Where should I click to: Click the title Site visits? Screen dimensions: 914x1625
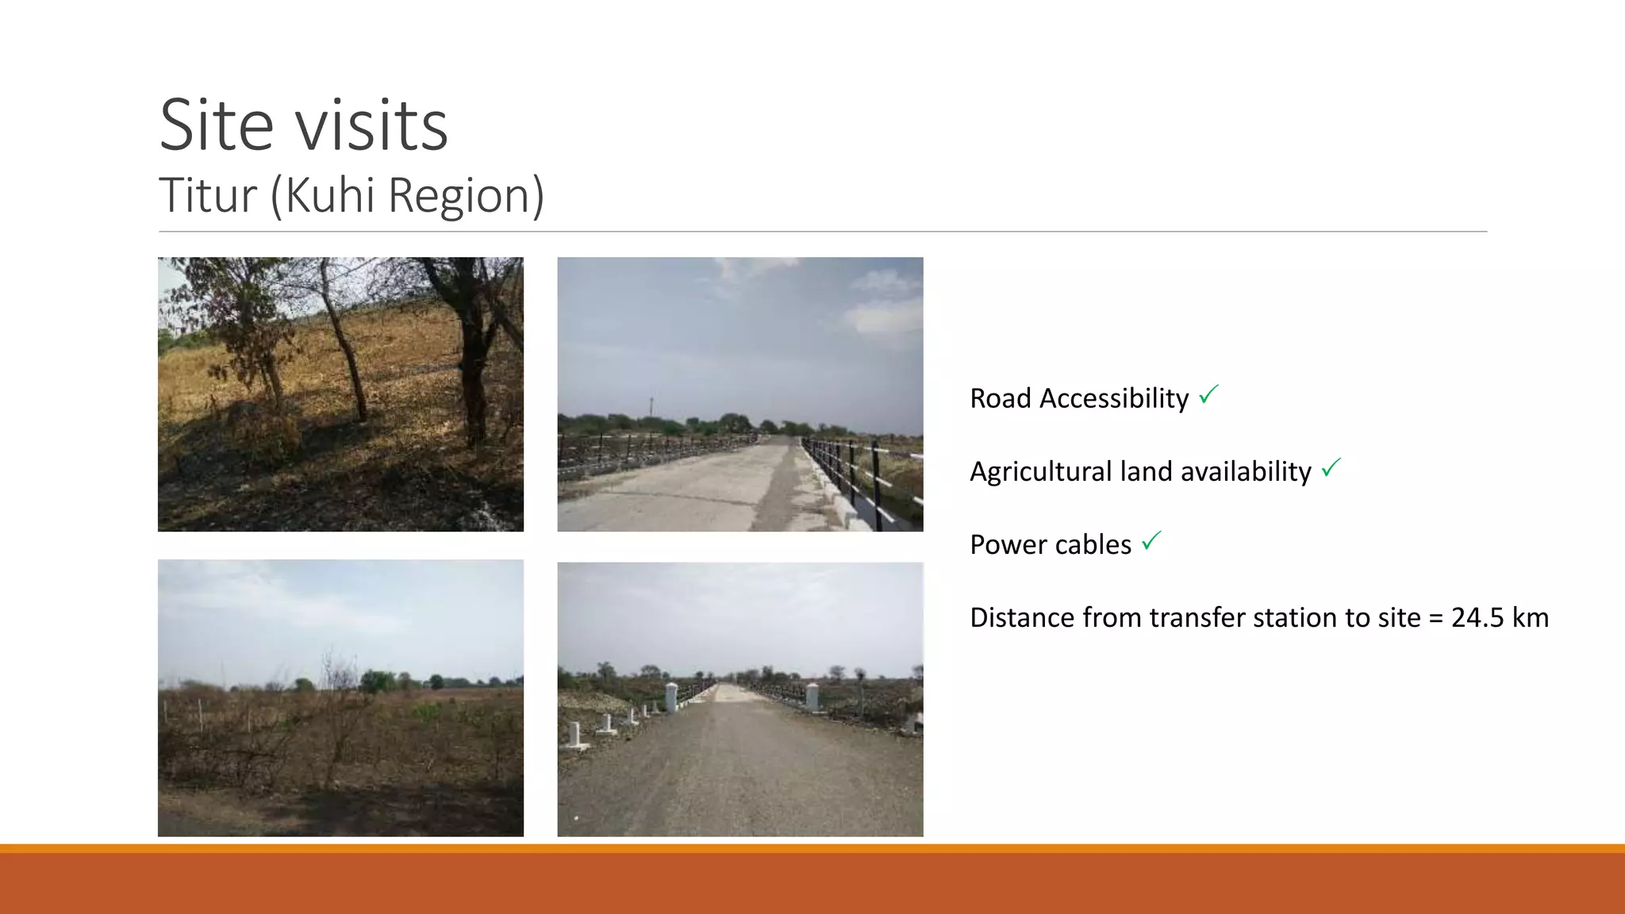coord(303,125)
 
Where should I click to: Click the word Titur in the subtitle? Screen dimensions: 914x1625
coord(208,195)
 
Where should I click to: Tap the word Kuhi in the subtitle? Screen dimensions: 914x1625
coord(331,195)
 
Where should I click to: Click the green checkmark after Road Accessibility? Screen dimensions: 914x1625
coord(1208,394)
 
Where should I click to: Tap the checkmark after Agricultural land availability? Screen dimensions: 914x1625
coord(1331,468)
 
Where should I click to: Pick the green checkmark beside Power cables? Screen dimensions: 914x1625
coord(1151,541)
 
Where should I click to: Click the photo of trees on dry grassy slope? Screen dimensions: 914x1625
coord(340,394)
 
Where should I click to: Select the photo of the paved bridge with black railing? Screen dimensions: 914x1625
coord(740,394)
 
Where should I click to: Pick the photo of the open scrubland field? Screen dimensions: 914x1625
coord(340,698)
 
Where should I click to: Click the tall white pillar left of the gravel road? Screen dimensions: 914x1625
coord(670,697)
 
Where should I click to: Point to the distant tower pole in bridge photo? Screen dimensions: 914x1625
coord(651,405)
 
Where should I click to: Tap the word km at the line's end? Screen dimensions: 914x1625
coord(1530,617)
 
